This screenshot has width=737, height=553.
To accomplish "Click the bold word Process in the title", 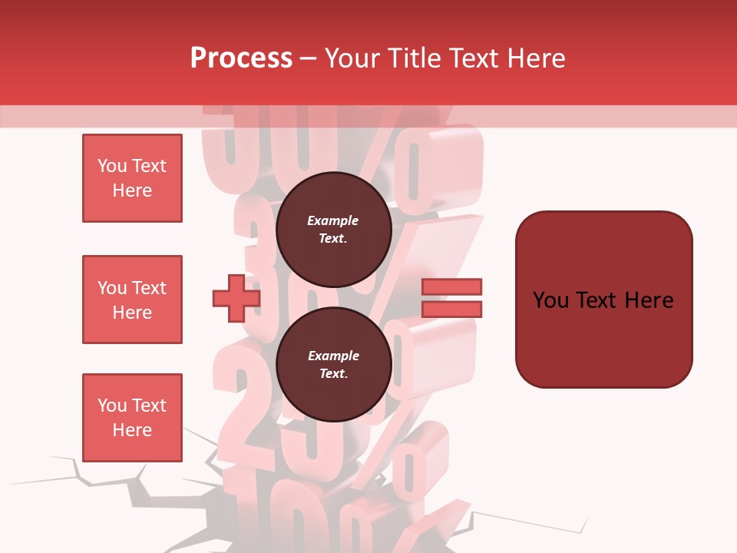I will coord(241,58).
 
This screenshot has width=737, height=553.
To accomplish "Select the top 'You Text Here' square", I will coord(132,178).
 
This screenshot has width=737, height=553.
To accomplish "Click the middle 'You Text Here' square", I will coord(132,300).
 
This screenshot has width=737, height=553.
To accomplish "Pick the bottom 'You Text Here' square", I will coord(132,418).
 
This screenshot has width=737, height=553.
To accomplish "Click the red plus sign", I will coord(236,298).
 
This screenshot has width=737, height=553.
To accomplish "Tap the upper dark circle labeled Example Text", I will coord(333,230).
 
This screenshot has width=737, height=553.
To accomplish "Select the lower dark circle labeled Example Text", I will coord(333,365).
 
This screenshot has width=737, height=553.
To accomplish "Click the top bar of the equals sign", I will coord(451,287).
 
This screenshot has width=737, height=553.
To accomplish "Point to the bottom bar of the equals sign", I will coord(451,309).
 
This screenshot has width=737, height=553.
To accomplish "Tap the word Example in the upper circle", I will coord(333,220).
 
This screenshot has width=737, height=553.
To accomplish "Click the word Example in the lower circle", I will coord(333,356).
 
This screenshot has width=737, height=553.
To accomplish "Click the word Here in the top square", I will coord(132,190).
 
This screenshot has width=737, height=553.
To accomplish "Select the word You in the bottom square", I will coord(112,406).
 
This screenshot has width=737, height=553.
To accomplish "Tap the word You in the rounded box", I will coord(551,300).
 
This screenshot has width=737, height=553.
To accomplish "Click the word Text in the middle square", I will coord(149,288).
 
